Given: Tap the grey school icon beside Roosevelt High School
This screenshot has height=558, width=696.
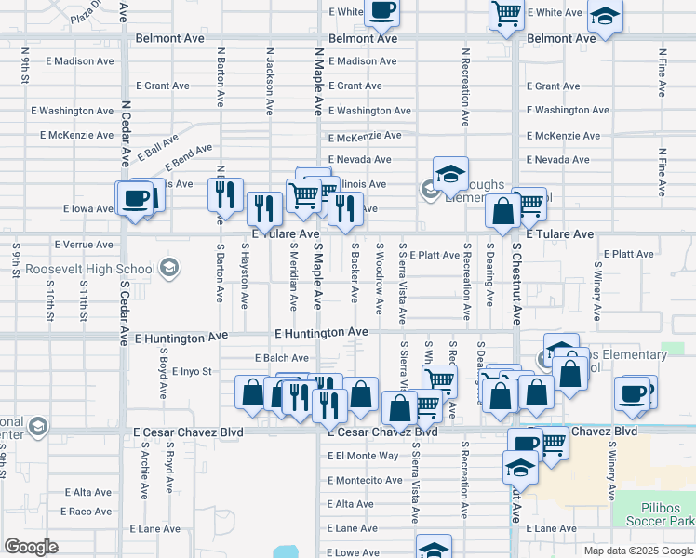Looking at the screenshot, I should [168, 270].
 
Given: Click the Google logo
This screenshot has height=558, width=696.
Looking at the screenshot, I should [30, 547].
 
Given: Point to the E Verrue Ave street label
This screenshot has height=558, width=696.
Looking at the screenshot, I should [84, 245].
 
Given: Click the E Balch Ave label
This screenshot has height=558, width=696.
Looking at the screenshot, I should [281, 358].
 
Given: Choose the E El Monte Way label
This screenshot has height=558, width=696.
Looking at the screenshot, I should [363, 456].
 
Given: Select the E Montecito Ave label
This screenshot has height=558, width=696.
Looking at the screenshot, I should [365, 480].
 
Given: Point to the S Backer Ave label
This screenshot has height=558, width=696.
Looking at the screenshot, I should [355, 273].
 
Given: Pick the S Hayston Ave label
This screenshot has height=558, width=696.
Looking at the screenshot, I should [246, 277].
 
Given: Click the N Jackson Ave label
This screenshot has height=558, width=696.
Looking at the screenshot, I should [269, 82].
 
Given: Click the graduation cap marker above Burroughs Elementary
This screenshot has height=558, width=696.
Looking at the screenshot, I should [450, 173].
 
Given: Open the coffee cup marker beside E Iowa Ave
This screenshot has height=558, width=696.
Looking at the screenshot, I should [135, 198].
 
